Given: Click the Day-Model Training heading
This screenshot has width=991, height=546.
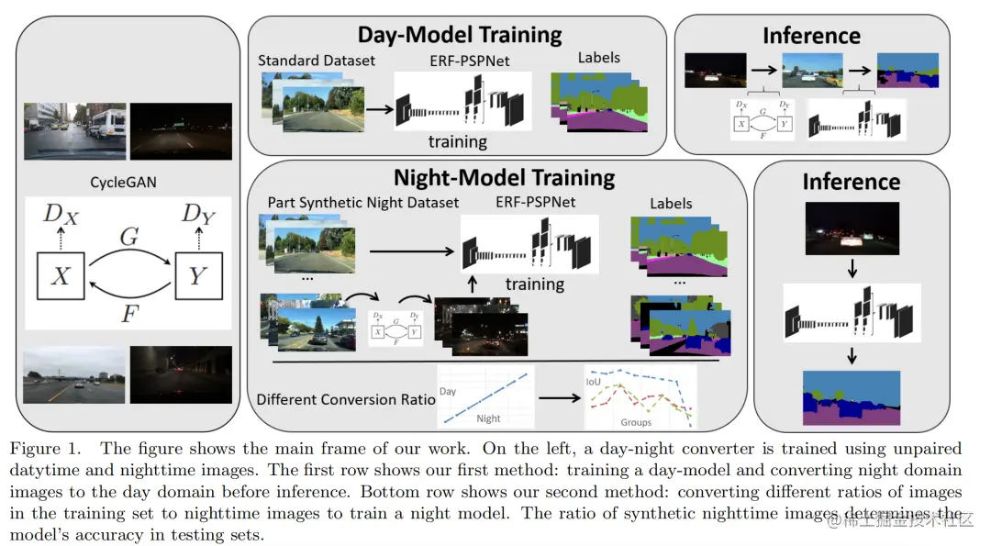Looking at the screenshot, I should [x=459, y=36].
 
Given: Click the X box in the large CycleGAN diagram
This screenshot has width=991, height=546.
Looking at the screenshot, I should [x=60, y=274].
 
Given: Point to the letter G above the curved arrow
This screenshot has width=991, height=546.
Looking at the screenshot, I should [x=128, y=236].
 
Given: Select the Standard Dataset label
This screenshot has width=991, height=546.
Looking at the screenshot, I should [x=317, y=61].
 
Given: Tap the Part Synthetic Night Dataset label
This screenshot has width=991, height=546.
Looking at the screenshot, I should [x=362, y=202].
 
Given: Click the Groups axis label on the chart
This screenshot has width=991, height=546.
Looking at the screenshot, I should [x=636, y=422].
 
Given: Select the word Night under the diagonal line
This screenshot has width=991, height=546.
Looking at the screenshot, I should [x=488, y=418].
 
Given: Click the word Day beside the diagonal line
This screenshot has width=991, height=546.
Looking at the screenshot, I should [x=448, y=392].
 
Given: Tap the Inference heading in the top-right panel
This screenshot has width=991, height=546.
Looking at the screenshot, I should [x=811, y=36].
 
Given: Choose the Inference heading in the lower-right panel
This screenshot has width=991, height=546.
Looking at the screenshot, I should [x=851, y=181].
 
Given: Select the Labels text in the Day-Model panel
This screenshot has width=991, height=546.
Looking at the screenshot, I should [x=598, y=58].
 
